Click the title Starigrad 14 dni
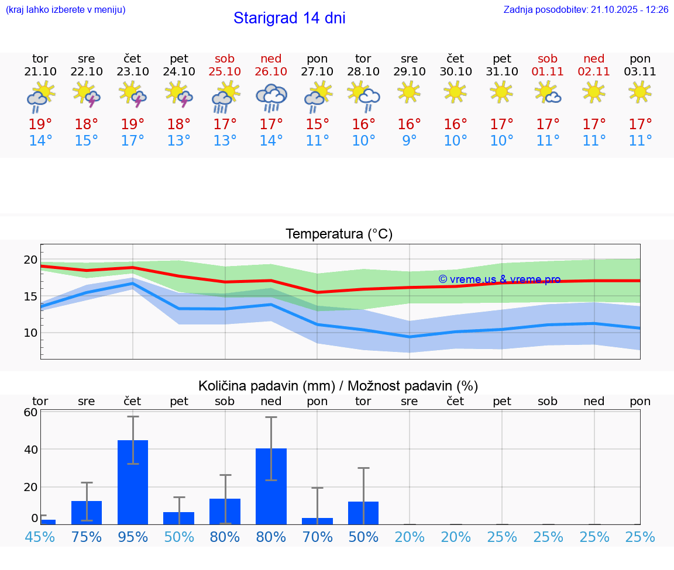click(289, 18)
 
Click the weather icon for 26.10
click(271, 98)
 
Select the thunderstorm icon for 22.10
click(87, 94)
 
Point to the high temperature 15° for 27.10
click(317, 124)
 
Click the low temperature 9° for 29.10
click(409, 141)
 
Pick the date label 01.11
click(548, 72)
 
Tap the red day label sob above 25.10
click(225, 58)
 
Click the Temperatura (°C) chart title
click(339, 234)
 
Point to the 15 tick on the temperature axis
click(30, 296)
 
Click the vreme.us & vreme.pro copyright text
click(499, 279)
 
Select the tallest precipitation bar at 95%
click(133, 482)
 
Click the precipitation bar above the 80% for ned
click(271, 486)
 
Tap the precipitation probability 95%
click(133, 537)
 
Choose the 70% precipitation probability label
click(317, 537)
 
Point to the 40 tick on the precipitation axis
click(30, 450)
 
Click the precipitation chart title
click(338, 386)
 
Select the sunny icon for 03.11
click(640, 92)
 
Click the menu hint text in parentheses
click(66, 10)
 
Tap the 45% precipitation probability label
click(40, 537)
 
